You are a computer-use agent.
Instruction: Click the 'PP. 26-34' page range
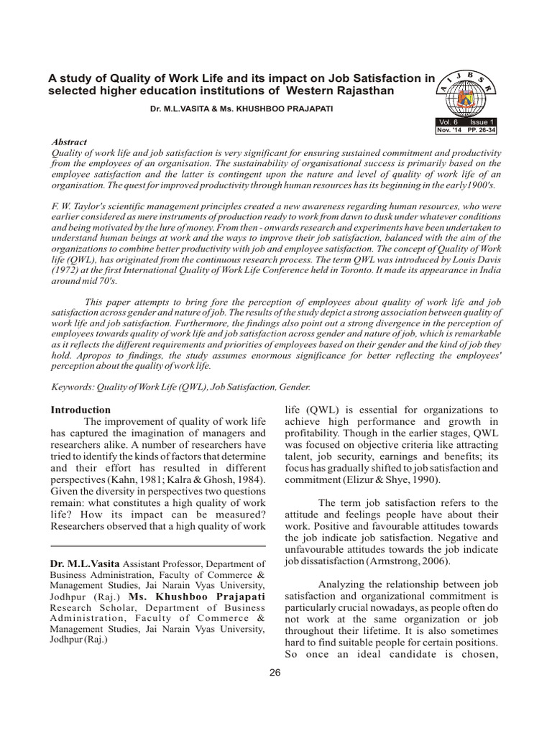(482, 130)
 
